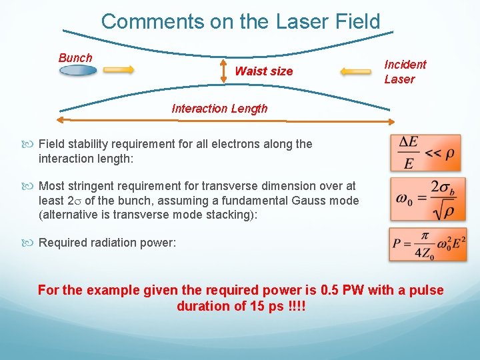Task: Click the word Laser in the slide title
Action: [x=295, y=21]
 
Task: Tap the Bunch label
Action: [x=75, y=58]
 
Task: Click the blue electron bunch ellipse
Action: [x=78, y=70]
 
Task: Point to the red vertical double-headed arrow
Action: [x=225, y=71]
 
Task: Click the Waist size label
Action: [x=264, y=71]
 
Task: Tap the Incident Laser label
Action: [x=405, y=71]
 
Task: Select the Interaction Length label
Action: [x=219, y=109]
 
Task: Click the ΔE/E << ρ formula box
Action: [x=425, y=153]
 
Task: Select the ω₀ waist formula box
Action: [x=425, y=198]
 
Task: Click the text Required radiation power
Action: [x=107, y=243]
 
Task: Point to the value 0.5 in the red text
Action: [x=331, y=290]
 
